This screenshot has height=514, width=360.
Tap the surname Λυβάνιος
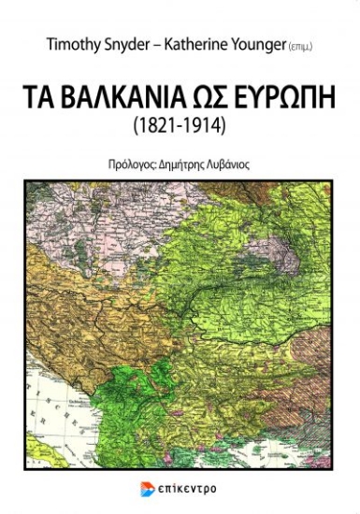[233, 163]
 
